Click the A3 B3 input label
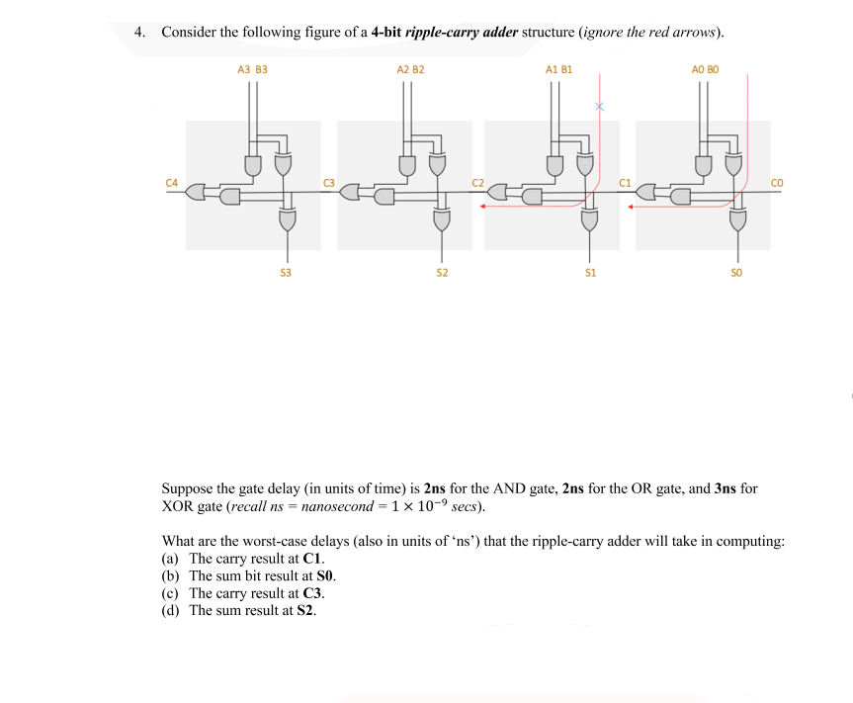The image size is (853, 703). pos(252,70)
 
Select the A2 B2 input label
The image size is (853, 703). pos(410,70)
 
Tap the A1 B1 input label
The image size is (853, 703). pos(558,70)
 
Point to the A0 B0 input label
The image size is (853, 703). pos(706,70)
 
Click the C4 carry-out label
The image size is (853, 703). pos(172,182)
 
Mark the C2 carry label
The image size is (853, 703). pos(478,182)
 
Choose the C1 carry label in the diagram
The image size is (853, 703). pos(625,182)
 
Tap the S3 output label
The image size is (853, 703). pos(286,271)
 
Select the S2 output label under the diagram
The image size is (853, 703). pos(442,271)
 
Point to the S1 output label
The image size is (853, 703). pos(590,271)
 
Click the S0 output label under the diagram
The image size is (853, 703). pos(736,271)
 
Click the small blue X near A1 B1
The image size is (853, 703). pos(598,106)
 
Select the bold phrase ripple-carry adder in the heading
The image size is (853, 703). pos(460,32)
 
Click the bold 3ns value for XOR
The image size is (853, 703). pos(725,489)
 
